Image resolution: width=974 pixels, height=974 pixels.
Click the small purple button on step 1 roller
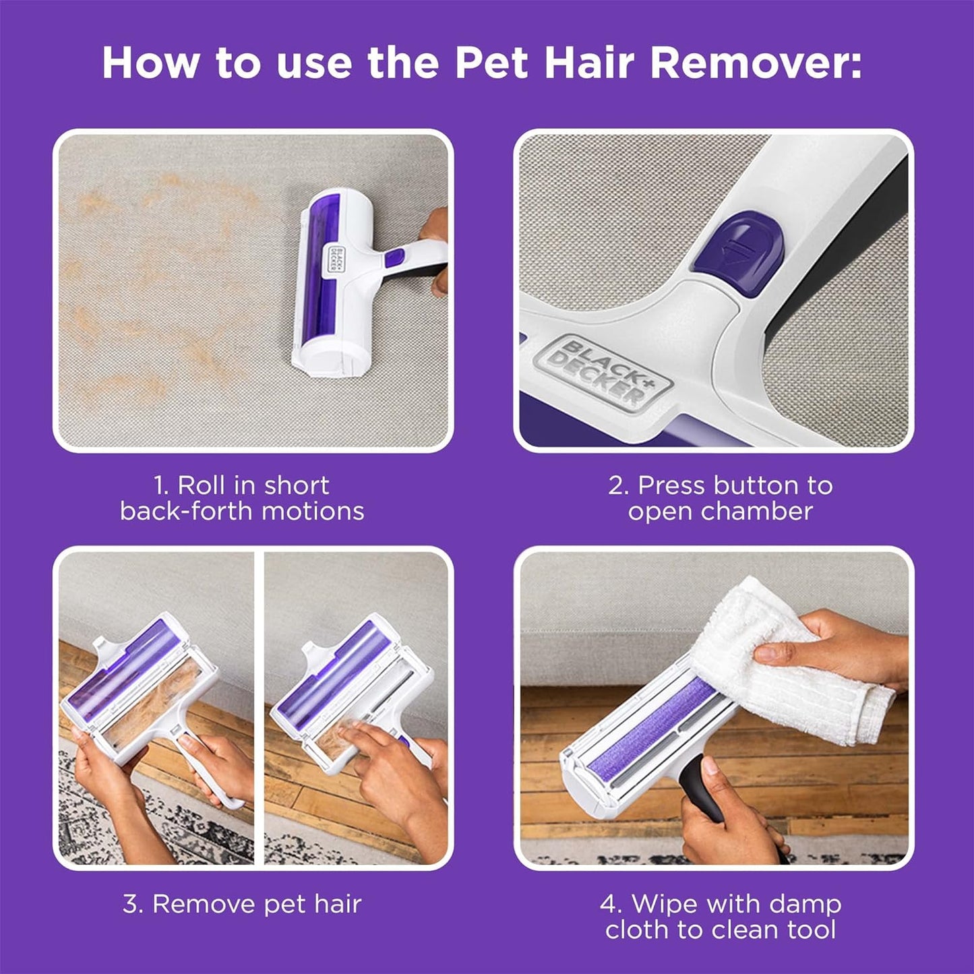pyautogui.click(x=394, y=257)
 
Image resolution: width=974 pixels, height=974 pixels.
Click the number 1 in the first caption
pyautogui.click(x=160, y=485)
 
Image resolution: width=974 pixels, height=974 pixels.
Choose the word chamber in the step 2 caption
pyautogui.click(x=757, y=512)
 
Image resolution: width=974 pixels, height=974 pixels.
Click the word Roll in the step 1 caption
pyautogui.click(x=202, y=485)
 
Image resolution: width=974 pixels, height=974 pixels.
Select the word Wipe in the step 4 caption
pyautogui.click(x=659, y=904)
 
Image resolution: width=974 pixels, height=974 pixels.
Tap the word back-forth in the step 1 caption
pyautogui.click(x=187, y=512)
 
